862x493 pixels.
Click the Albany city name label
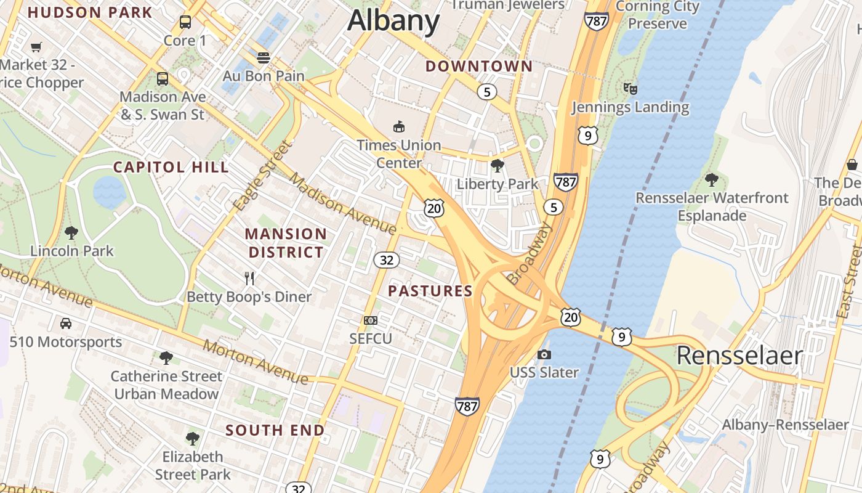[x=393, y=20]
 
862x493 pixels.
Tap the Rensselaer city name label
[x=739, y=356]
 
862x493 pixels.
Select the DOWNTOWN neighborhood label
[x=479, y=66]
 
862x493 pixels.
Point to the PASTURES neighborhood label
[x=430, y=291]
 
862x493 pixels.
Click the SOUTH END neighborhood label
[x=275, y=430]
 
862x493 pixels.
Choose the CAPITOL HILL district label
[x=171, y=167]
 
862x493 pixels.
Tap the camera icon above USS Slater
[x=544, y=354]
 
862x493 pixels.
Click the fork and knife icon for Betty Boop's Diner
[x=249, y=279]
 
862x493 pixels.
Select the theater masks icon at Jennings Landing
[x=630, y=89]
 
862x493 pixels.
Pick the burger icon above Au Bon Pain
[x=264, y=58]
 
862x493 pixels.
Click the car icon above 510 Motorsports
[x=66, y=324]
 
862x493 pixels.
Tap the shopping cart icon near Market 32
[x=36, y=47]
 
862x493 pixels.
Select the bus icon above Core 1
[x=185, y=23]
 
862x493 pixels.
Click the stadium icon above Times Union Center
[x=399, y=127]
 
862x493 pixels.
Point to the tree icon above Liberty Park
[x=497, y=165]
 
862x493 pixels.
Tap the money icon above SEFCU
[x=371, y=320]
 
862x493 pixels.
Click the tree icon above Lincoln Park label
[x=71, y=233]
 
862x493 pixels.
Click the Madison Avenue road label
[x=342, y=204]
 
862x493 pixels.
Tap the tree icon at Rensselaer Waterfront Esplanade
[x=712, y=180]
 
